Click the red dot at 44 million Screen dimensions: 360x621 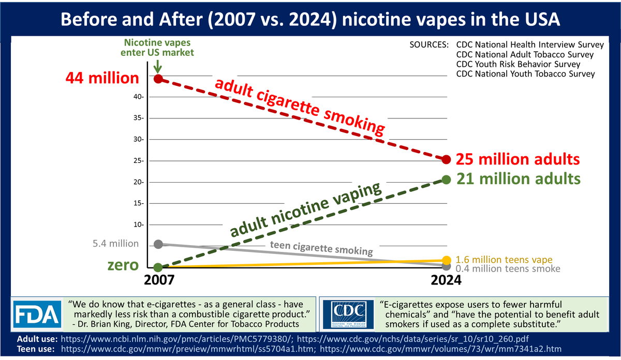click(159, 79)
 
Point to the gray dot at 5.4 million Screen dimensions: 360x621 click(159, 244)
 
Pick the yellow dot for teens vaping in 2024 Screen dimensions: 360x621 click(447, 260)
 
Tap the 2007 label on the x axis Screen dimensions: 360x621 click(158, 281)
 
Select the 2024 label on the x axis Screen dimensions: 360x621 click(446, 281)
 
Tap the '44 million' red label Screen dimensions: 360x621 click(102, 78)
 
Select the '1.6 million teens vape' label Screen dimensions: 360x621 click(504, 260)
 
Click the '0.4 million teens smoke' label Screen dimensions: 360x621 click(508, 269)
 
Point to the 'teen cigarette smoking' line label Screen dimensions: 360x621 click(321, 249)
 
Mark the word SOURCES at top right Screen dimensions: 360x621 click(428, 44)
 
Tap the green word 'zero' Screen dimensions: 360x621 click(123, 265)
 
